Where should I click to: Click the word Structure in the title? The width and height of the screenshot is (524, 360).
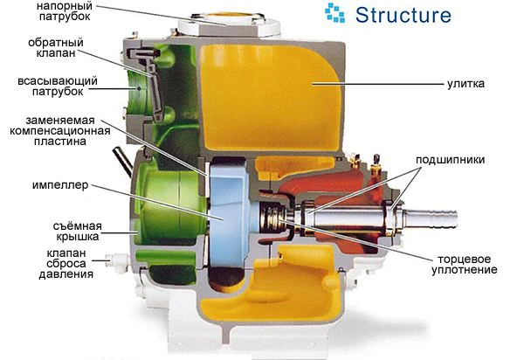click(x=403, y=15)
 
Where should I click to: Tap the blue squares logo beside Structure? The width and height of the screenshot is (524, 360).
click(x=334, y=13)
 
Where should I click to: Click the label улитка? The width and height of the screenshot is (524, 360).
click(x=465, y=83)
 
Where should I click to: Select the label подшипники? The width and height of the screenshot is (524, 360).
click(x=450, y=160)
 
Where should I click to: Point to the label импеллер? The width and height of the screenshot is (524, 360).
click(x=60, y=185)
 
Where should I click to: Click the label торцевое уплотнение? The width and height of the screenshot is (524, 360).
click(x=465, y=265)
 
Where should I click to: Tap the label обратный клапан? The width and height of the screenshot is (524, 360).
click(x=56, y=47)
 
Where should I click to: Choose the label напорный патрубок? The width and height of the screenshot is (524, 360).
click(x=64, y=10)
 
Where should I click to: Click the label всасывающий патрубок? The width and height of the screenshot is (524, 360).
click(x=58, y=86)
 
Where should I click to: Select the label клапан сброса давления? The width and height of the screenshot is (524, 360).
click(x=66, y=263)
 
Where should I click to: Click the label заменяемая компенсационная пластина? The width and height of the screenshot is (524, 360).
click(x=59, y=131)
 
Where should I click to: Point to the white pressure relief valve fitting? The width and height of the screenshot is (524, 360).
click(x=116, y=260)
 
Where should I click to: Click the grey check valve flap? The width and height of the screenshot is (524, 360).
click(x=149, y=80)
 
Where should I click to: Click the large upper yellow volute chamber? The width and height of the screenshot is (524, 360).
click(x=271, y=97)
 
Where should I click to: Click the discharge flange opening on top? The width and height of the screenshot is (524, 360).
click(x=229, y=16)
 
